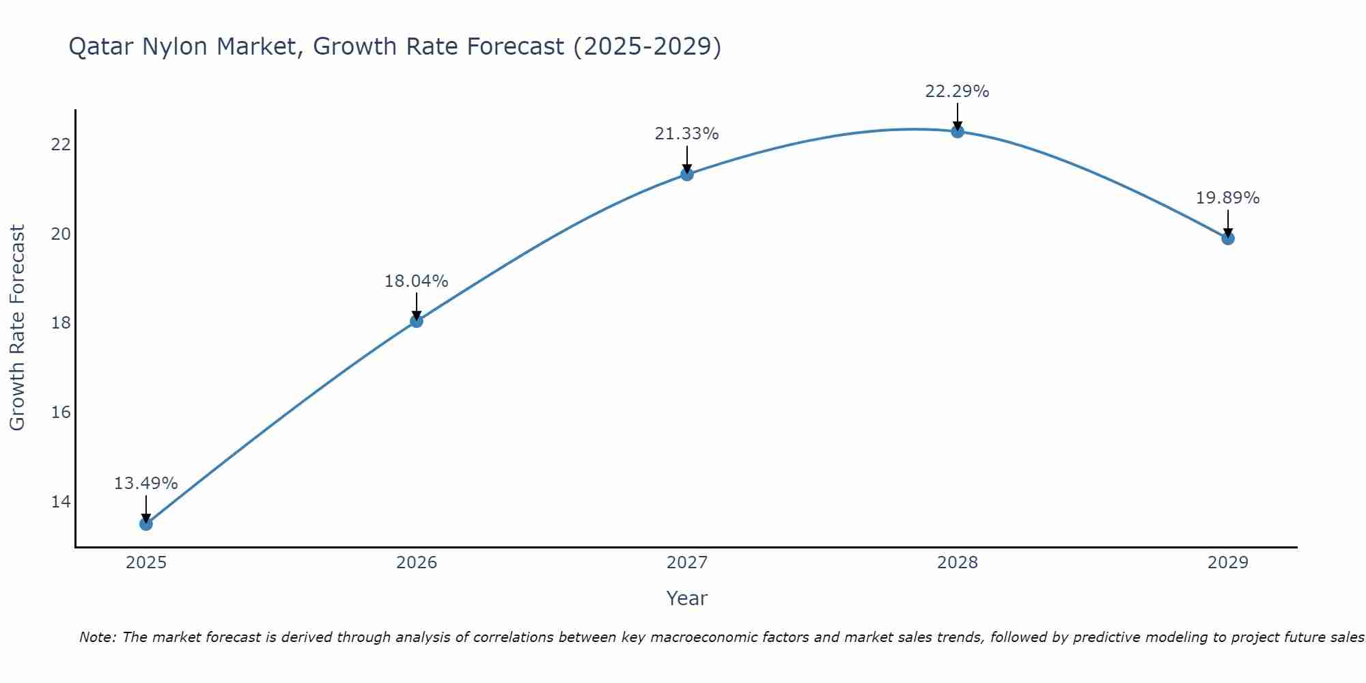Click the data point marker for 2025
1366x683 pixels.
(146, 524)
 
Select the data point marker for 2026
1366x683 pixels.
(417, 321)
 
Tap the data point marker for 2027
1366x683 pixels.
(687, 174)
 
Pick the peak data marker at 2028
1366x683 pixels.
(958, 131)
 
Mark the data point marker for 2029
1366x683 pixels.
(1228, 238)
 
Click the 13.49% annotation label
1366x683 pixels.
(145, 484)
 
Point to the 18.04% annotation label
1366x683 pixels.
(416, 281)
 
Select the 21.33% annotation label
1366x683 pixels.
(686, 134)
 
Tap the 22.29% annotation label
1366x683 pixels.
(957, 91)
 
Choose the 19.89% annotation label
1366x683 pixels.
(1227, 198)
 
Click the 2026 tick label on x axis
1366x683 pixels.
(417, 563)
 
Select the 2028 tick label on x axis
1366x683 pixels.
(958, 563)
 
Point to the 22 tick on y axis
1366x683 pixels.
(61, 144)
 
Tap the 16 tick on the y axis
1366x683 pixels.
(61, 412)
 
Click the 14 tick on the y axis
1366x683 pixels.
(61, 501)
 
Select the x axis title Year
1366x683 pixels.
(686, 598)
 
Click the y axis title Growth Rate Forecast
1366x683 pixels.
(17, 328)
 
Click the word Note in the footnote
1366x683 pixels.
(98, 637)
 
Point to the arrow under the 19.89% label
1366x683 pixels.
(1228, 223)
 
